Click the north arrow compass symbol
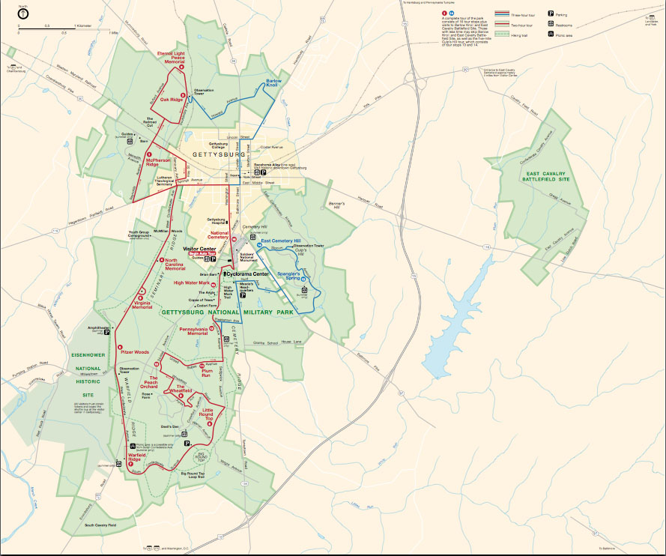pyautogui.click(x=22, y=13)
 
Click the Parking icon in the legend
pyautogui.click(x=551, y=13)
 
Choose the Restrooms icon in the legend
pyautogui.click(x=551, y=24)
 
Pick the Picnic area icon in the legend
pyautogui.click(x=551, y=34)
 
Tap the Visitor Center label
pyautogui.click(x=199, y=249)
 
